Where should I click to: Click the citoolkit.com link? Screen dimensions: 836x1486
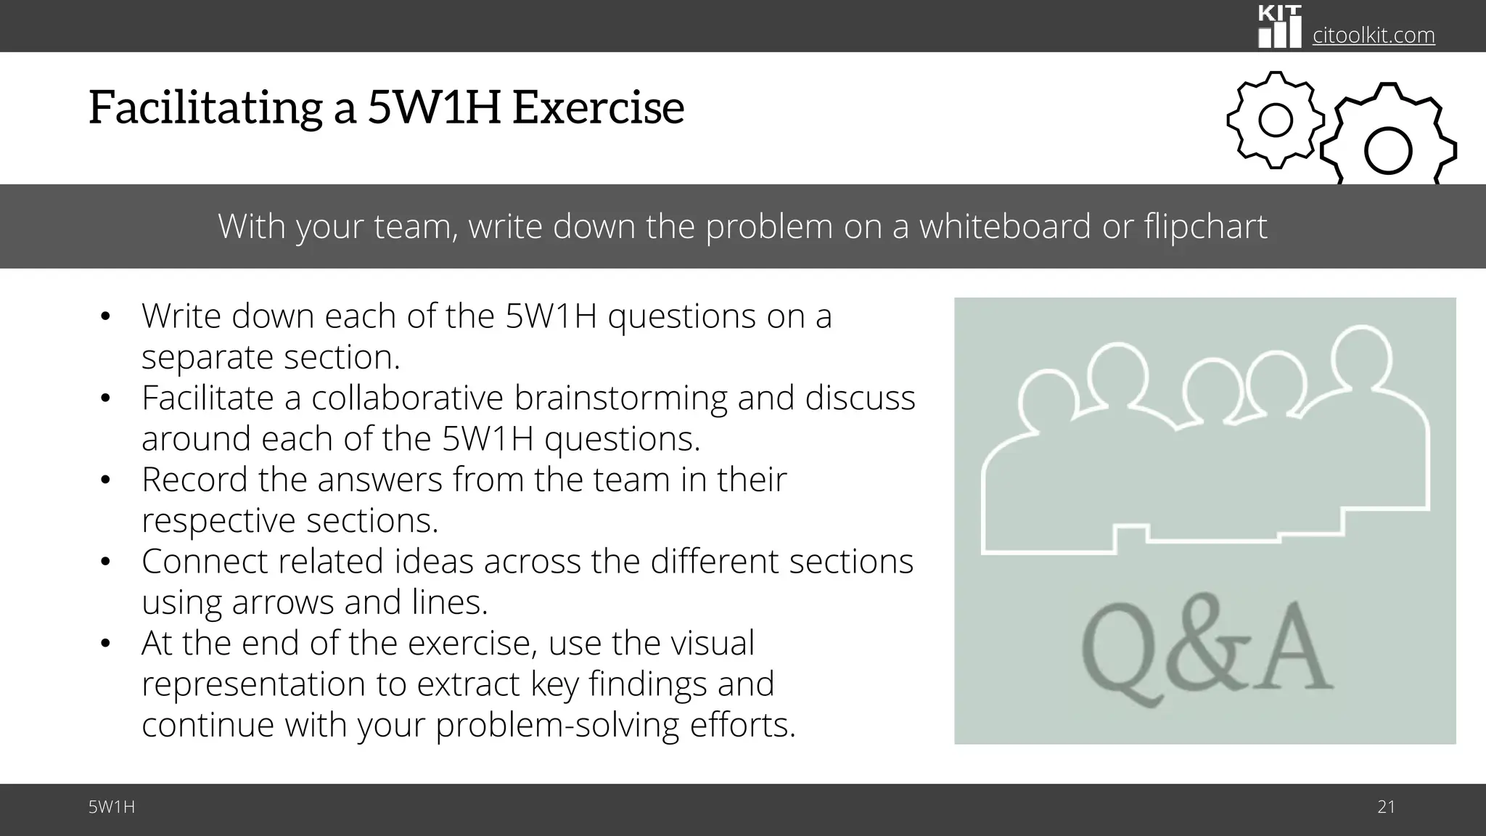1374,35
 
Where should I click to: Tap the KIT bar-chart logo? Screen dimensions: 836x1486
1279,28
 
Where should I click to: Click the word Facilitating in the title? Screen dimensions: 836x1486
205,107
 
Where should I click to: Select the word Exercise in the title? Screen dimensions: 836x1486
598,107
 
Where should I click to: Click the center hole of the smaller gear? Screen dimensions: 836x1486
1276,120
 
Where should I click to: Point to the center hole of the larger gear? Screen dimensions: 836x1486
1387,151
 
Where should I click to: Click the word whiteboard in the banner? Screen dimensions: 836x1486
1005,226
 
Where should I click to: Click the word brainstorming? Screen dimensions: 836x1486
620,398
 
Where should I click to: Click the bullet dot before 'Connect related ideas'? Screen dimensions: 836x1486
105,562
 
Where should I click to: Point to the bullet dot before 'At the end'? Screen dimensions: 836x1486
105,644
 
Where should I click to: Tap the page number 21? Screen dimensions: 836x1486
1386,807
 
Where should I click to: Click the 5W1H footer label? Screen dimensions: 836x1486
112,807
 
